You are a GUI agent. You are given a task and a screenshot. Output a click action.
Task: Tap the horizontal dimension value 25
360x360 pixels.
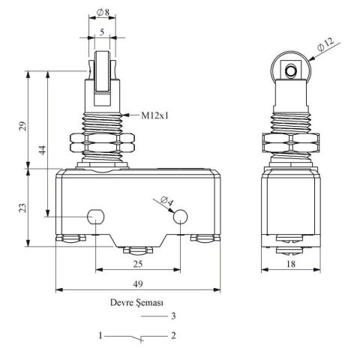138,265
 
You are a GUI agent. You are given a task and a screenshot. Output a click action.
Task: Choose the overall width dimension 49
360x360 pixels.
138,283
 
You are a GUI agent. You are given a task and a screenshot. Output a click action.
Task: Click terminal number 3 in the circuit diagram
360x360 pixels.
174,316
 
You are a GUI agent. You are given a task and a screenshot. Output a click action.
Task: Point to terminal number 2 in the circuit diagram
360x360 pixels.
174,335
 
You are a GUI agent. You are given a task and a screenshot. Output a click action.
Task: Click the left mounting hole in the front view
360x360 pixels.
95,217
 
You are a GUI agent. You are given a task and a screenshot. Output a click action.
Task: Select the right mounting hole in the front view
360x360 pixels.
181,217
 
